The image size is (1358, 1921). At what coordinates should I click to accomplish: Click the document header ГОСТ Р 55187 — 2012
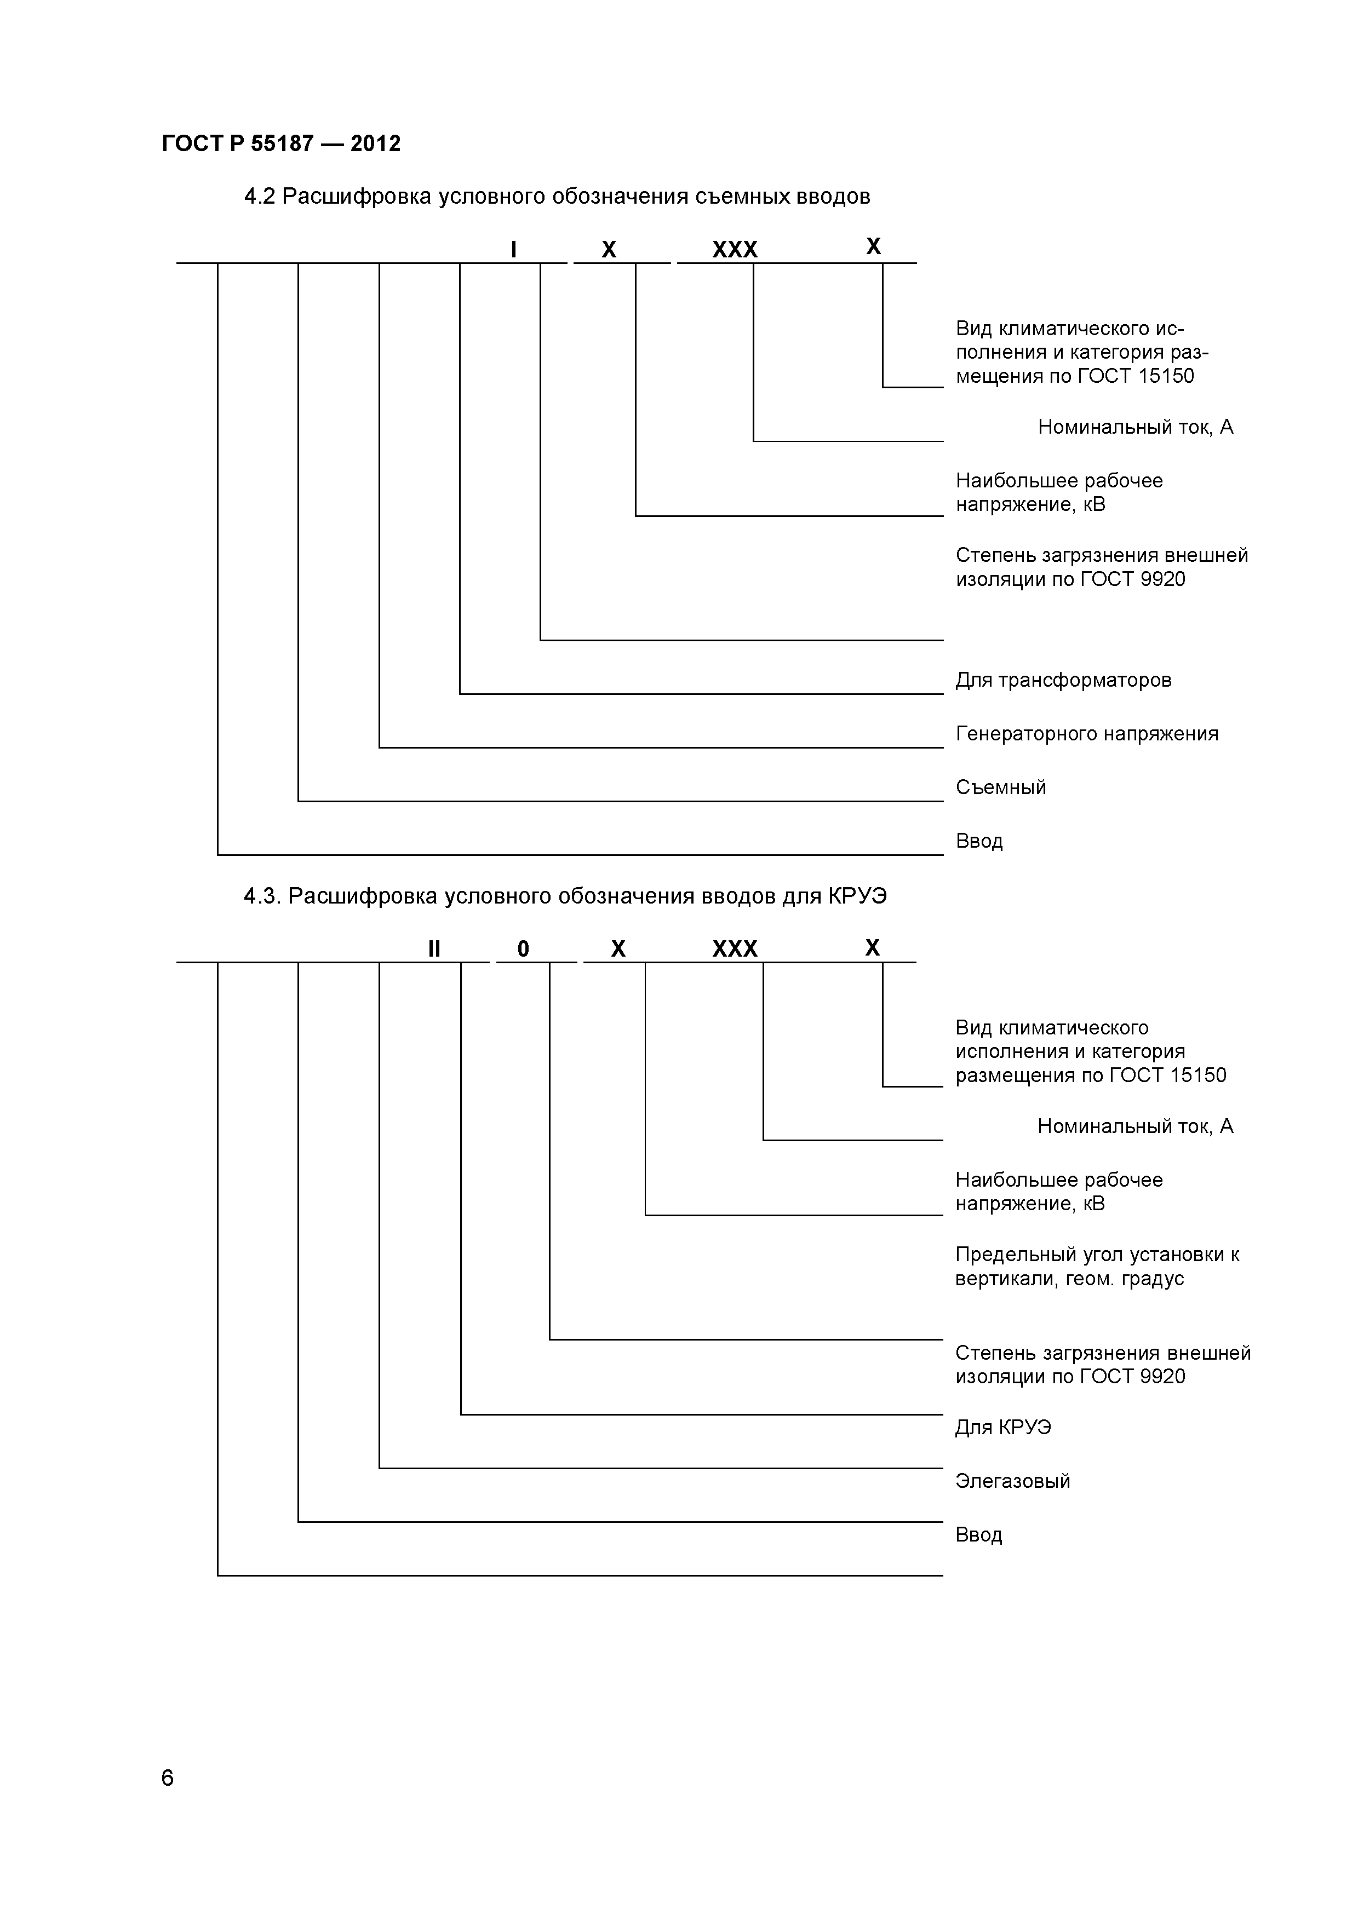tap(281, 144)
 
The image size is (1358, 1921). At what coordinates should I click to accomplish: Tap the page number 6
tap(167, 1778)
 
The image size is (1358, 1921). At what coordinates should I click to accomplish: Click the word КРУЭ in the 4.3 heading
tap(858, 896)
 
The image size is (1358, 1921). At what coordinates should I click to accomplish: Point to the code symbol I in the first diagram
tap(514, 249)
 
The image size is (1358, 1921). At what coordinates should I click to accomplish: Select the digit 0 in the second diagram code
tap(523, 949)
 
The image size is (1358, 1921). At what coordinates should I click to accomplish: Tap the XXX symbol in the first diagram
tap(735, 249)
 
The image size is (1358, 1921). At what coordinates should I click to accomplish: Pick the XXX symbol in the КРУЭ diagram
tap(735, 949)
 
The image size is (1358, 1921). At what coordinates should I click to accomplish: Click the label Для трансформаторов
tap(1063, 680)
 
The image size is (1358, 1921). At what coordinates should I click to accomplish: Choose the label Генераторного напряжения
tap(1087, 734)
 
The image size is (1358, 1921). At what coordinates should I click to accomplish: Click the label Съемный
tap(1001, 787)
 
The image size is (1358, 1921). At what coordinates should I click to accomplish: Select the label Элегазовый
tap(1012, 1481)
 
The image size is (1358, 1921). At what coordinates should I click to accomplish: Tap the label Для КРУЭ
tap(1003, 1428)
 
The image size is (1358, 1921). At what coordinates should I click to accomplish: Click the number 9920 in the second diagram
tap(1162, 1376)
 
